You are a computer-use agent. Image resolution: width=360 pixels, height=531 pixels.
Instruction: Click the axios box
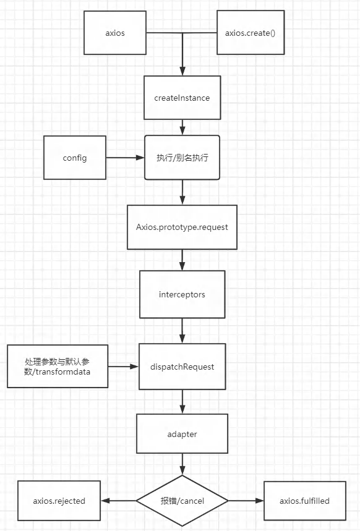pyautogui.click(x=115, y=33)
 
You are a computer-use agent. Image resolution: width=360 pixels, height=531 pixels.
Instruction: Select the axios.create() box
pyautogui.click(x=251, y=32)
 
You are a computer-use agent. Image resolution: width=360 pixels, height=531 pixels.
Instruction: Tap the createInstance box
pyautogui.click(x=182, y=98)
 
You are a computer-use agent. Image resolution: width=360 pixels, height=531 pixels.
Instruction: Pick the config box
pyautogui.click(x=75, y=158)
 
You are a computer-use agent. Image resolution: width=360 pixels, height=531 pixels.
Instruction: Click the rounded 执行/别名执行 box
pyautogui.click(x=182, y=158)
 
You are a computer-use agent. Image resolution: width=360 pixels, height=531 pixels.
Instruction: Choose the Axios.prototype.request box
pyautogui.click(x=182, y=227)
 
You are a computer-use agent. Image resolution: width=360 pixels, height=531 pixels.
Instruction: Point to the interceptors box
pyautogui.click(x=182, y=294)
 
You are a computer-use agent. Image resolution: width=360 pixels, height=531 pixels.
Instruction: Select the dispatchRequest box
pyautogui.click(x=182, y=367)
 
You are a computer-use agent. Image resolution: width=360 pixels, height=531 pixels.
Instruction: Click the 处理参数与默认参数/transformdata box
pyautogui.click(x=58, y=366)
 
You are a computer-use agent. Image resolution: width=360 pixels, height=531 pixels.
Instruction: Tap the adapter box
pyautogui.click(x=182, y=433)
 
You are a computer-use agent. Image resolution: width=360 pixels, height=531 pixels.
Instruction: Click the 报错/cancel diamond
pyautogui.click(x=182, y=501)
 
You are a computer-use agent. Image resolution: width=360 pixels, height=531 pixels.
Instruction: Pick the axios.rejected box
pyautogui.click(x=59, y=501)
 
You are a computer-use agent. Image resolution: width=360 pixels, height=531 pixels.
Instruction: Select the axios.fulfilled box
pyautogui.click(x=304, y=501)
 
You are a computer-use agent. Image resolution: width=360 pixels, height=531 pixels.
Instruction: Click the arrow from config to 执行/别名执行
pyautogui.click(x=125, y=158)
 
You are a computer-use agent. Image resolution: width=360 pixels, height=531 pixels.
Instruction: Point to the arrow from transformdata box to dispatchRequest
pyautogui.click(x=123, y=366)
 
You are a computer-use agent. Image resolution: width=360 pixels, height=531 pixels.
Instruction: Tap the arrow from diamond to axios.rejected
pyautogui.click(x=119, y=501)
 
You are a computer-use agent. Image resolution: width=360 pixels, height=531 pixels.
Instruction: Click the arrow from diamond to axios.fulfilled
pyautogui.click(x=246, y=501)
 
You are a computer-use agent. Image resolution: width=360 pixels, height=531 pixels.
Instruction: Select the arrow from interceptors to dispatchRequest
pyautogui.click(x=182, y=331)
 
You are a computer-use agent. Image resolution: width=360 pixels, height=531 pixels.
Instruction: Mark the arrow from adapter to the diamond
pyautogui.click(x=182, y=464)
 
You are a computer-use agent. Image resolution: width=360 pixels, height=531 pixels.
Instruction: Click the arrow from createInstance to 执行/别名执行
pyautogui.click(x=182, y=127)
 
